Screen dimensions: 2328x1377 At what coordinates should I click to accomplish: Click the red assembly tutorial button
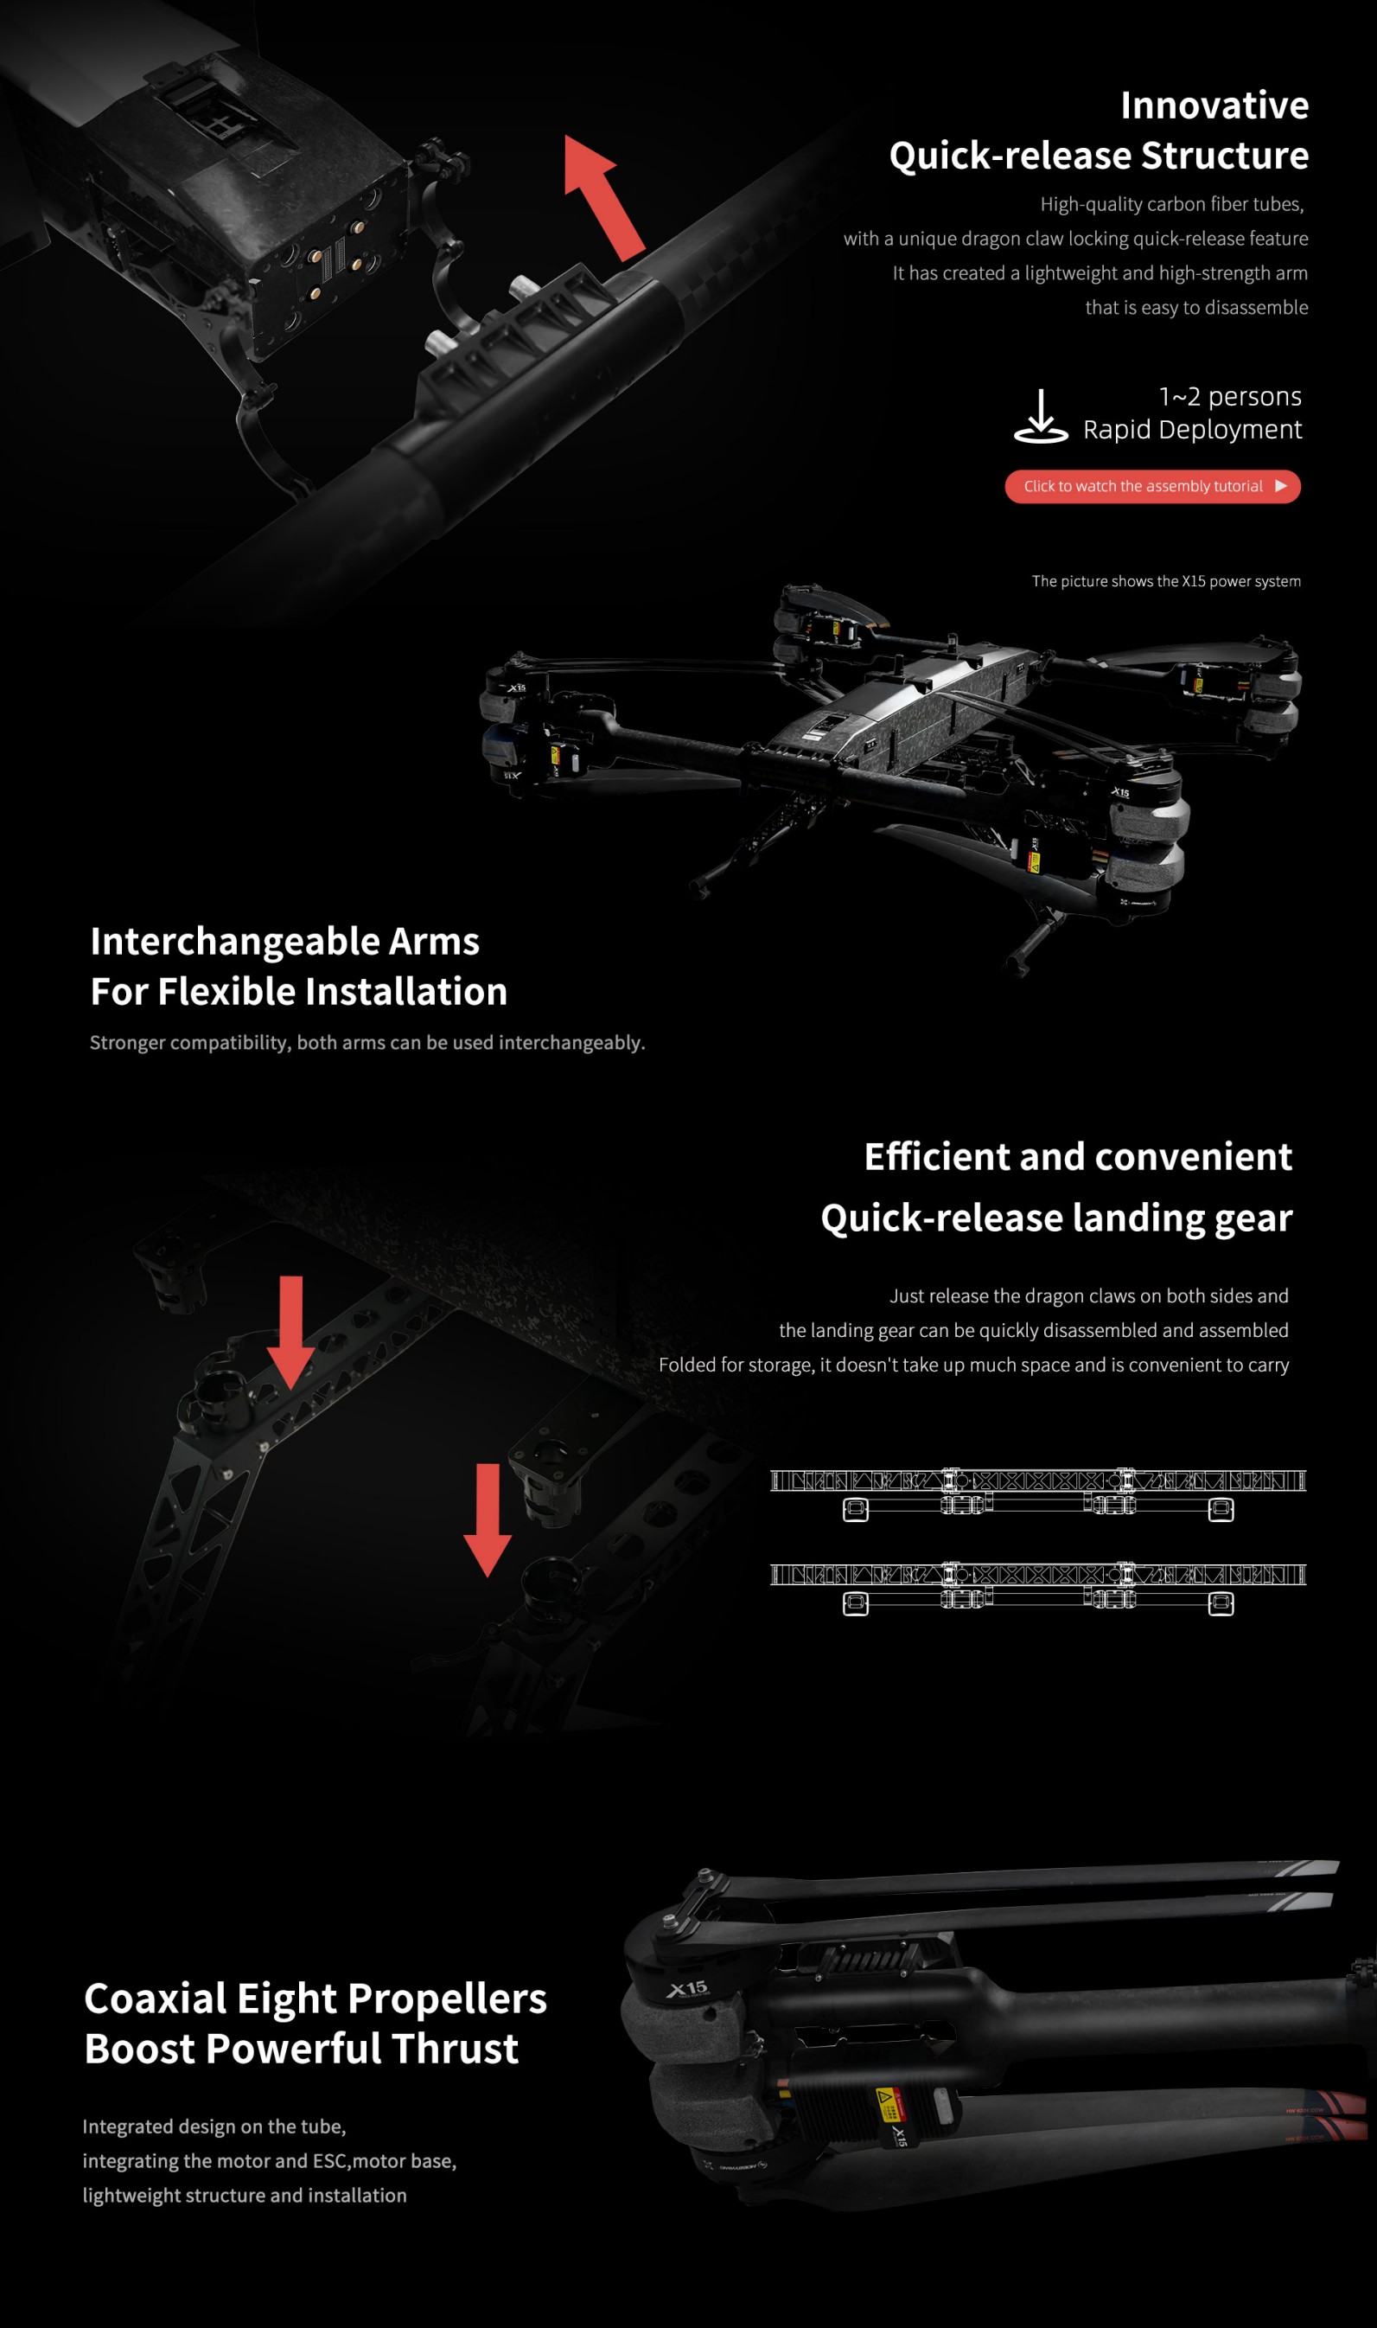[x=1151, y=486]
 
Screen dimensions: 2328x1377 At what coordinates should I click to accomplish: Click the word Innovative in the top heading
[x=1214, y=106]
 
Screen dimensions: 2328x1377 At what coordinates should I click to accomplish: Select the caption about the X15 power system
[x=1165, y=581]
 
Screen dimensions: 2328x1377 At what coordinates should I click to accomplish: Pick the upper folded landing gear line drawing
[x=1037, y=1493]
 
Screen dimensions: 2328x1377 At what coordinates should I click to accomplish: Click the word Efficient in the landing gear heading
[x=936, y=1157]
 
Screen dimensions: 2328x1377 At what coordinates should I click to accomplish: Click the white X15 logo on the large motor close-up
[x=687, y=1989]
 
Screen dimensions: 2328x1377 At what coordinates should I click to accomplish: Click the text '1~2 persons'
[x=1229, y=397]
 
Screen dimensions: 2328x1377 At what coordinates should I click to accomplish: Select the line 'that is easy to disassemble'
[x=1196, y=307]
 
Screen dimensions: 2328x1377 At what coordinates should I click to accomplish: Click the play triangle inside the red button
[x=1280, y=486]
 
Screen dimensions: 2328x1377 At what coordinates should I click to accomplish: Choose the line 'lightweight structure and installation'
[x=244, y=2196]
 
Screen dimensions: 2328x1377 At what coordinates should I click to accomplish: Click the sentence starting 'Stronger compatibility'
[x=367, y=1042]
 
